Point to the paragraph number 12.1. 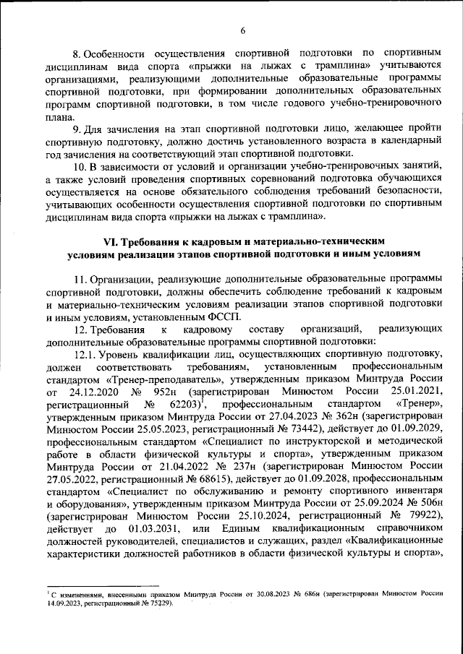[86, 353]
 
